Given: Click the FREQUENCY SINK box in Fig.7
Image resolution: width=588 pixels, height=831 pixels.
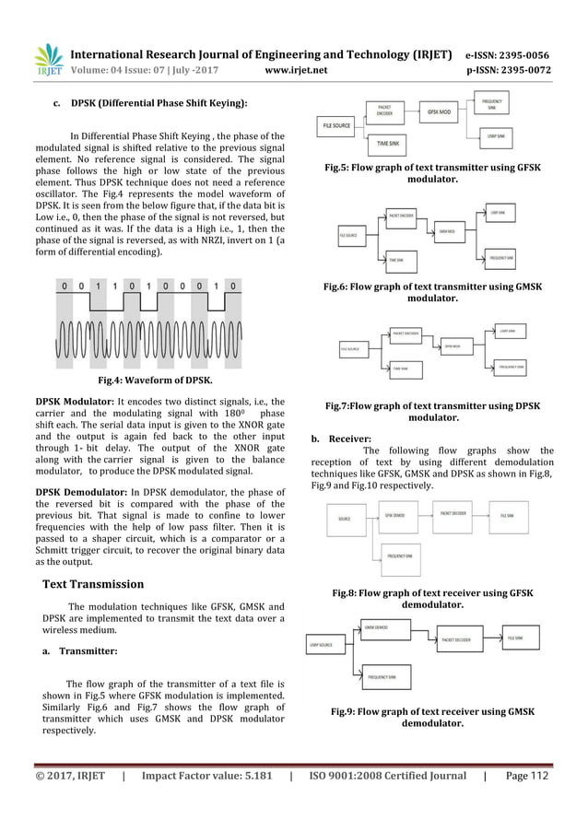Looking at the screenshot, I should [x=511, y=366].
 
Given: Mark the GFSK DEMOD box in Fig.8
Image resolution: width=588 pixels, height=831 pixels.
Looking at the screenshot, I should [x=396, y=517].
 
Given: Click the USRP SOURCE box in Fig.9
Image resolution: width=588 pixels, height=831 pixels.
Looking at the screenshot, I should [x=322, y=644].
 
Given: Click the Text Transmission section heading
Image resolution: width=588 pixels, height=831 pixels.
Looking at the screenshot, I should [x=93, y=583].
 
